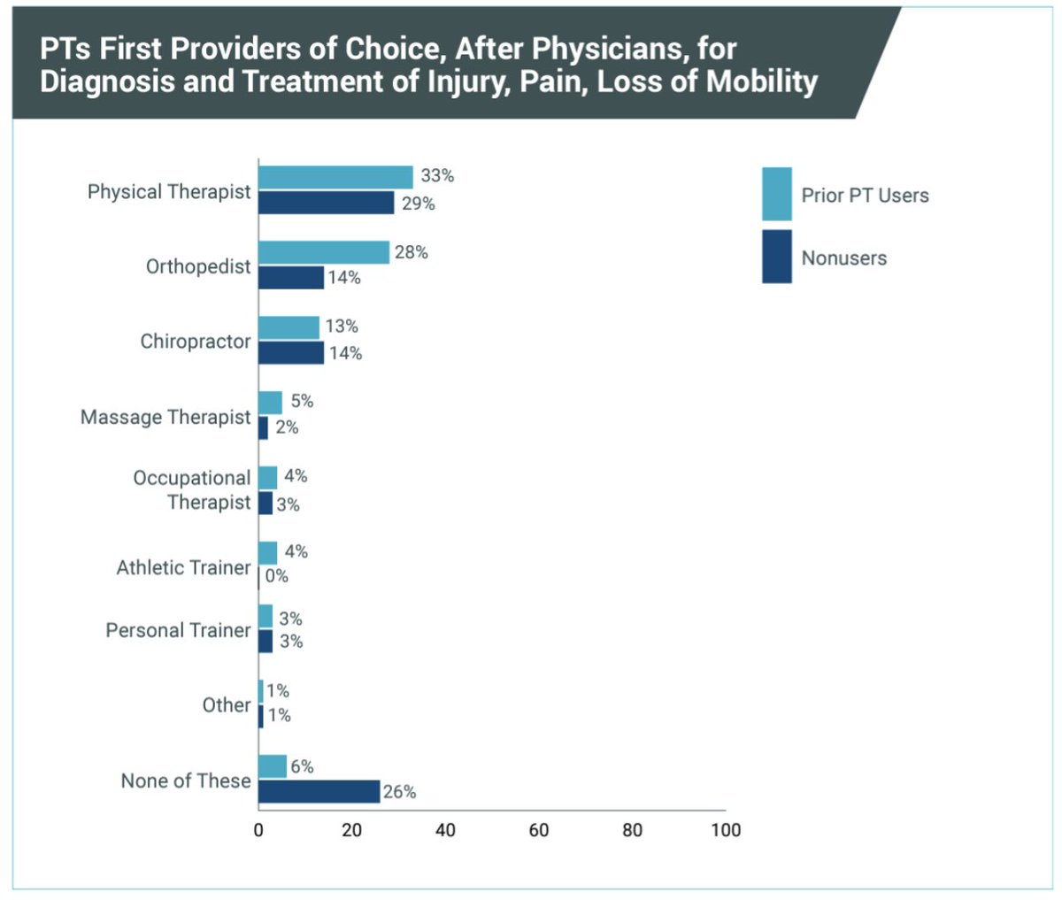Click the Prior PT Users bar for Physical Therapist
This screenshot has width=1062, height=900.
pyautogui.click(x=335, y=178)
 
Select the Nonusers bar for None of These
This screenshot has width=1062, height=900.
pyautogui.click(x=319, y=791)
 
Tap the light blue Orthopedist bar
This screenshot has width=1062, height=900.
pyautogui.click(x=324, y=252)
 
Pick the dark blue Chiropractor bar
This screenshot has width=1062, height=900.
pyautogui.click(x=291, y=353)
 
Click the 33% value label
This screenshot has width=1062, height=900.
pyautogui.click(x=437, y=176)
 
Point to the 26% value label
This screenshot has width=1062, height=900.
pyautogui.click(x=399, y=792)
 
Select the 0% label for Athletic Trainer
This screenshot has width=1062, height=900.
pyautogui.click(x=277, y=576)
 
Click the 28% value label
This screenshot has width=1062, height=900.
pyautogui.click(x=412, y=252)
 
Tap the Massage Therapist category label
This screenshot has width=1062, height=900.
pyautogui.click(x=165, y=417)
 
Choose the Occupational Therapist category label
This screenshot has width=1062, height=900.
pyautogui.click(x=192, y=490)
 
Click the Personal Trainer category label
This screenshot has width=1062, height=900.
pyautogui.click(x=178, y=630)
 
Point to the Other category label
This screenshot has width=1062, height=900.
pyautogui.click(x=227, y=705)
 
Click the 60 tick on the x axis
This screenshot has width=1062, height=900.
pyautogui.click(x=538, y=830)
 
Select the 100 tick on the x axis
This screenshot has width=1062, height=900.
pyautogui.click(x=725, y=830)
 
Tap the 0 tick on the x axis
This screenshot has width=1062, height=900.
pyautogui.click(x=258, y=830)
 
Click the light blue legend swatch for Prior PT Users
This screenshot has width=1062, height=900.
pyautogui.click(x=776, y=194)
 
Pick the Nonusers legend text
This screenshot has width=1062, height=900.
pyautogui.click(x=843, y=258)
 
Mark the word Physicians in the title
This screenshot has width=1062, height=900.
pyautogui.click(x=604, y=48)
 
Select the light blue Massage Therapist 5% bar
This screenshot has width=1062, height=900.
pyautogui.click(x=270, y=403)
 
